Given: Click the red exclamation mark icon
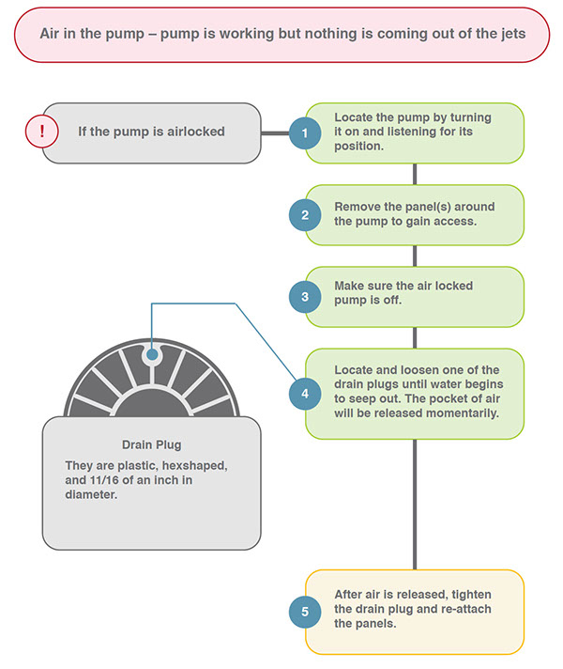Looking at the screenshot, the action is click(42, 132).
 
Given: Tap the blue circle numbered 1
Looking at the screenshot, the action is click(305, 133).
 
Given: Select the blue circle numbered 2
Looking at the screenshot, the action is click(305, 215).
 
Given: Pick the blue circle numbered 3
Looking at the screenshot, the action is click(305, 297).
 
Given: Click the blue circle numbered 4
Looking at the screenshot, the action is click(305, 394).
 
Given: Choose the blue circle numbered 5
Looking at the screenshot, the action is click(305, 612).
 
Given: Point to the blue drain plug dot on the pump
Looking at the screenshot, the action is click(152, 354).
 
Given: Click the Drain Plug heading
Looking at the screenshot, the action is click(152, 445).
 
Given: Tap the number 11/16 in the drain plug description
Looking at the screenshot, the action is click(104, 480).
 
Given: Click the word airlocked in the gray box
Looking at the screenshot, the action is click(195, 132).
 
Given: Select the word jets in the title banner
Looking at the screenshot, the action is click(512, 34).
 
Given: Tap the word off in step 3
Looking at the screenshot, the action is click(392, 300).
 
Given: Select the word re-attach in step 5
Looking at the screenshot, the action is click(465, 609).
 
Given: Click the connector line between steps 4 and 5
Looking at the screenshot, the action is click(415, 505).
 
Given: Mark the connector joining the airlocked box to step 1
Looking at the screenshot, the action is click(275, 133).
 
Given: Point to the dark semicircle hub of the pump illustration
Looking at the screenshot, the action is click(152, 404).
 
